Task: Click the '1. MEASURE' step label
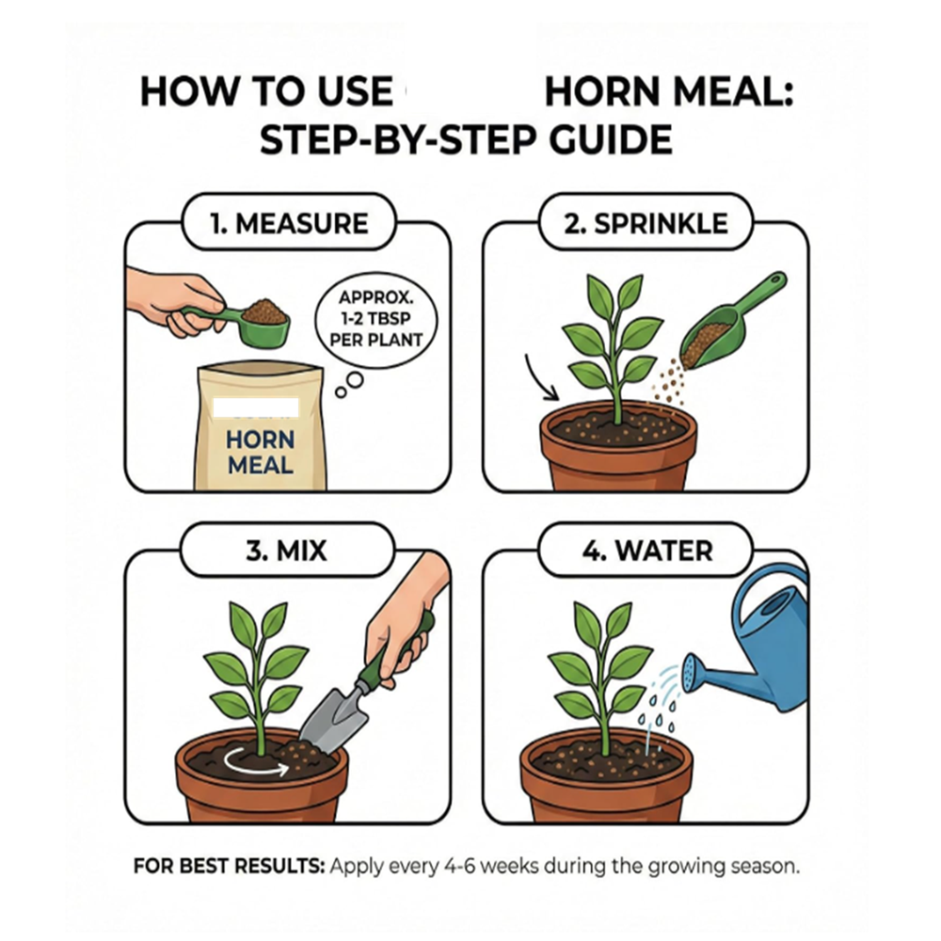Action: [289, 223]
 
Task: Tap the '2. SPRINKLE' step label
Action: [646, 223]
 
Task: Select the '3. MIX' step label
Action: [287, 550]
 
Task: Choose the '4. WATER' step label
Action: [647, 550]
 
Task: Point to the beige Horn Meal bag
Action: [261, 425]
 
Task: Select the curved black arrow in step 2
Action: [537, 378]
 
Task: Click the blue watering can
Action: [762, 639]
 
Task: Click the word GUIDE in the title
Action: [611, 140]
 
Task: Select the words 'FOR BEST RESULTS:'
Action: [229, 867]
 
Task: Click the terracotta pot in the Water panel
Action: [606, 780]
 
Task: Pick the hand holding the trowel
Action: [405, 618]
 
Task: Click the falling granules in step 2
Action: [669, 384]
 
